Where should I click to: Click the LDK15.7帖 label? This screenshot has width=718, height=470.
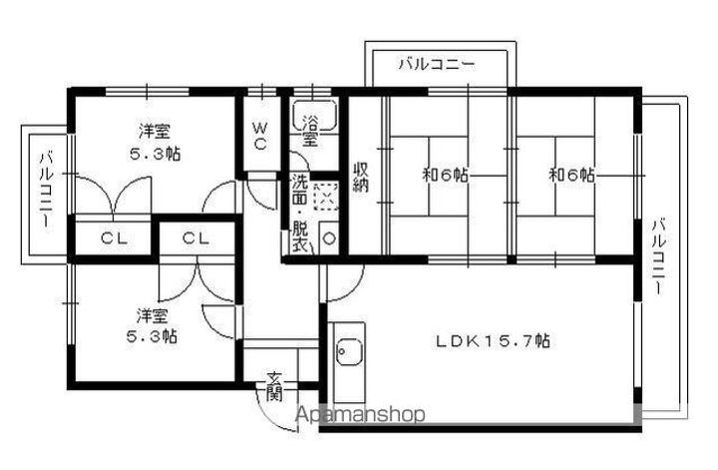click(x=492, y=340)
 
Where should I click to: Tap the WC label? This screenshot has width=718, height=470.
click(x=259, y=136)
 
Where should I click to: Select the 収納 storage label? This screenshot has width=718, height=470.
click(x=361, y=176)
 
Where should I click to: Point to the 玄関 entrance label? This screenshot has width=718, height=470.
click(x=275, y=385)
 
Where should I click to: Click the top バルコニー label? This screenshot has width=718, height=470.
click(x=436, y=65)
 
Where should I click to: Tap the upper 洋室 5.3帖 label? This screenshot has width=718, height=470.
click(x=160, y=142)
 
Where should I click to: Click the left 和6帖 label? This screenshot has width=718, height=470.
click(x=446, y=175)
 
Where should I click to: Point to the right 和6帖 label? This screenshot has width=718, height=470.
click(x=572, y=175)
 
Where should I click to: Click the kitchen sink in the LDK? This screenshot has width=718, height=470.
click(x=348, y=351)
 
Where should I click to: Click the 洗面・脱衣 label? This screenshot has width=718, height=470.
click(x=300, y=213)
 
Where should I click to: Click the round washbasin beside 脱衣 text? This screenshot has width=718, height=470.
click(x=330, y=239)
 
